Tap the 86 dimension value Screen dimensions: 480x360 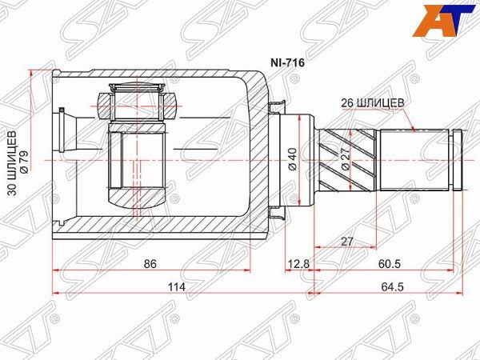coord(150,263)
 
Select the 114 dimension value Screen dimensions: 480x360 coord(177,287)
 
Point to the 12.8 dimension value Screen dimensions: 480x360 coord(298,263)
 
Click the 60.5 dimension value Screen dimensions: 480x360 coord(389,263)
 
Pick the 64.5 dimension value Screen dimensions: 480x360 coord(393,287)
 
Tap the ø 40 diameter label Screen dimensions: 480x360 coord(293,159)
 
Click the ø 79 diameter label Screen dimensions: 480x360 coord(24,162)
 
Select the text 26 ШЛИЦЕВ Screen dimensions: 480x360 coord(373,103)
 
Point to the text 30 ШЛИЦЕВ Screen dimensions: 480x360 coord(12,163)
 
